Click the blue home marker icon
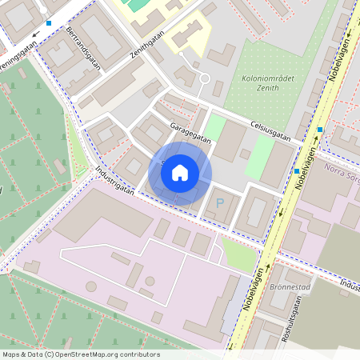180,172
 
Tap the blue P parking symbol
220,203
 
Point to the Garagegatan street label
190,132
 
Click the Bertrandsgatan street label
83,49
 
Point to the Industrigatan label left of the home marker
114,182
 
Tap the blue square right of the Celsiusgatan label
320,130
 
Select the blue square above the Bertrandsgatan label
49,23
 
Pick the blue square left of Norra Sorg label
297,171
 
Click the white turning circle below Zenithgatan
204,78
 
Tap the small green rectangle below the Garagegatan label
214,128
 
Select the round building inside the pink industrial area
150,281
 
